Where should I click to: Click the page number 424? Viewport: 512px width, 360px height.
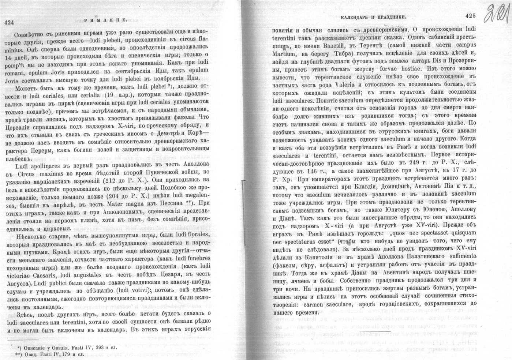coord(9,23)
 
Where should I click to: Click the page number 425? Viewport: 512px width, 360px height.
coord(470,16)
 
